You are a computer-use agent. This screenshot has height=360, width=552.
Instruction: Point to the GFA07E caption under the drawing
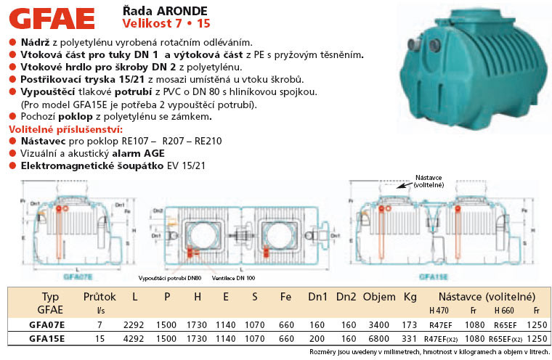point(78,277)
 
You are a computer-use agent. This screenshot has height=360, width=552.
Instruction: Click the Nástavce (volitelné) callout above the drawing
point(429,181)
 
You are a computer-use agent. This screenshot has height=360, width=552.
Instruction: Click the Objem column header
point(379,297)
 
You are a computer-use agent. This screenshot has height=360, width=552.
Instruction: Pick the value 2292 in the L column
point(135,324)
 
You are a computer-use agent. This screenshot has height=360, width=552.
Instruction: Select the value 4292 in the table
point(135,338)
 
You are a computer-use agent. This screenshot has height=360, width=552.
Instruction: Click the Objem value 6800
point(378,338)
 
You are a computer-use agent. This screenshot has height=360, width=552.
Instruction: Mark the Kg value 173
point(410,324)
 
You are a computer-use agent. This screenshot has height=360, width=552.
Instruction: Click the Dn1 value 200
point(317,338)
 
